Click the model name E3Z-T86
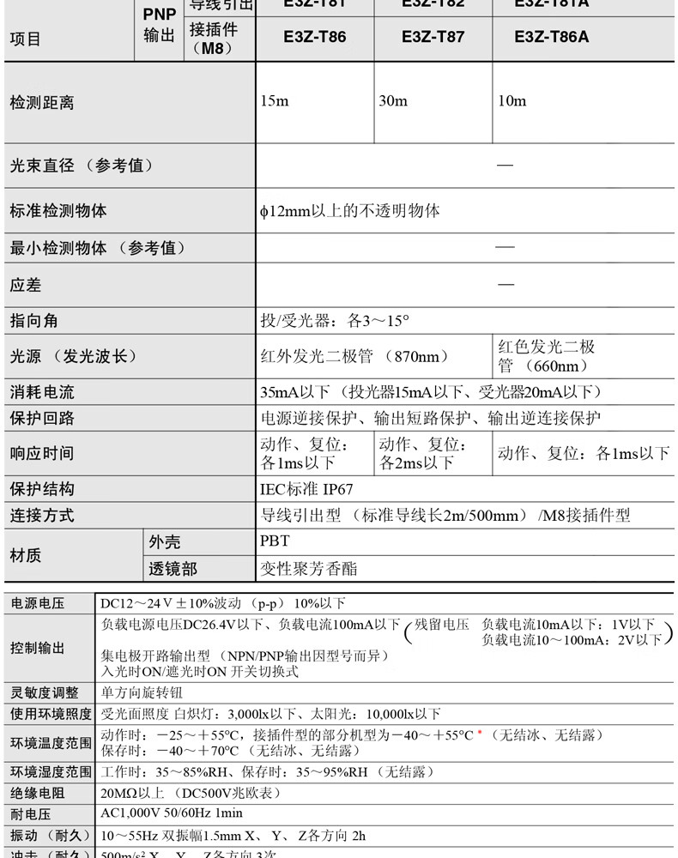coord(314,37)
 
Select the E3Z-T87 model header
coord(433,37)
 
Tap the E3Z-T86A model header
coord(551,37)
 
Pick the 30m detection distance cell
coord(393,101)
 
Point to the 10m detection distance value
coord(512,101)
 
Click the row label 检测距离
coord(41,102)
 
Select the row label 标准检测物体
coord(58,211)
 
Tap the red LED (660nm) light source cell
coord(547,356)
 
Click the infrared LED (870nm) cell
coord(354,356)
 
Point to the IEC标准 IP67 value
coord(306,489)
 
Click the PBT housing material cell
coord(275,542)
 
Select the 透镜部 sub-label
coord(173,569)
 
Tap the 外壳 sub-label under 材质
coord(165,542)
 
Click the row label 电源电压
coord(37,604)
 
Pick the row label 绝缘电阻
coord(37,794)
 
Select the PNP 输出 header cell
coord(159,26)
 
